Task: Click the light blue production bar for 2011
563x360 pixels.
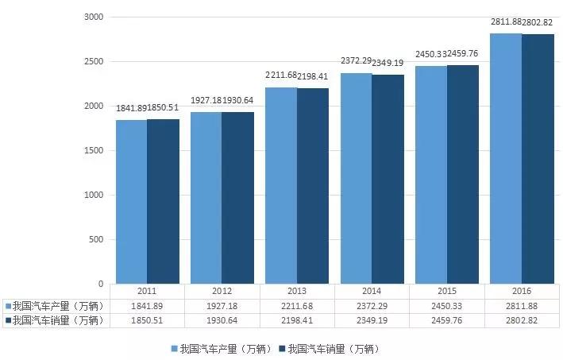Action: coord(131,202)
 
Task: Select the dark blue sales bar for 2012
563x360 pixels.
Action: coord(237,198)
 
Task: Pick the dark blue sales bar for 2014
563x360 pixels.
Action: coord(388,179)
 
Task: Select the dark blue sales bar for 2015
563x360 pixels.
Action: coord(462,174)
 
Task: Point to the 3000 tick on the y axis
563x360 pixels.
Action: coord(94,17)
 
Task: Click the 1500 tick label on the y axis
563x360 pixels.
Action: coord(94,150)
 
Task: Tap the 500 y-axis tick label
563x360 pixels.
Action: coord(96,239)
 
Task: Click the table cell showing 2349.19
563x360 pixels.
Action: coord(372,321)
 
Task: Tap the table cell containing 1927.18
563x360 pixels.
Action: coord(222,306)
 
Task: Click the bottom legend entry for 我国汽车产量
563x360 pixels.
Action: coord(225,349)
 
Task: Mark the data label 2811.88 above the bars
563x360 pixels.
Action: coord(506,21)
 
